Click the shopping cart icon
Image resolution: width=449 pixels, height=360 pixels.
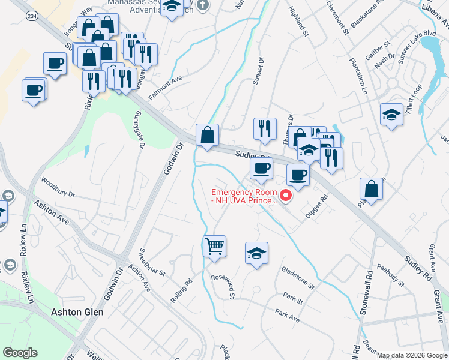pyautogui.click(x=214, y=246)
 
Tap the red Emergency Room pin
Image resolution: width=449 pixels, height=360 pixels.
pyautogui.click(x=286, y=195)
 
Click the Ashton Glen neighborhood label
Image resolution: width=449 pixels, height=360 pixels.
pyautogui.click(x=77, y=312)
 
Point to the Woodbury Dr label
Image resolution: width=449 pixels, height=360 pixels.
pyautogui.click(x=58, y=187)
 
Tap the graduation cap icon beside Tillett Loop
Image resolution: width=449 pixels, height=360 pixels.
pyautogui.click(x=391, y=114)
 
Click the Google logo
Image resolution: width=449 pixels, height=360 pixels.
pyautogui.click(x=20, y=353)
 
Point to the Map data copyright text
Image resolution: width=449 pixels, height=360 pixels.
pyautogui.click(x=412, y=355)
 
